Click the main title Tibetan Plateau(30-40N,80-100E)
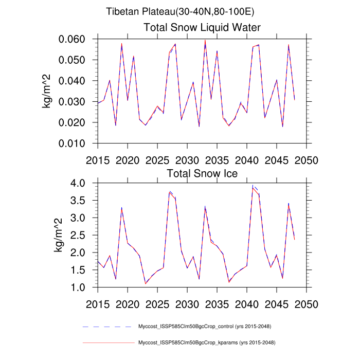tap(180, 11)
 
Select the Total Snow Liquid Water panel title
tap(202, 27)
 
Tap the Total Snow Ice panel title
tap(202, 173)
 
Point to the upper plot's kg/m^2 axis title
tap(47, 91)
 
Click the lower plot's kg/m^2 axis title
tap(60, 235)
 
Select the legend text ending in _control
tap(205, 327)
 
